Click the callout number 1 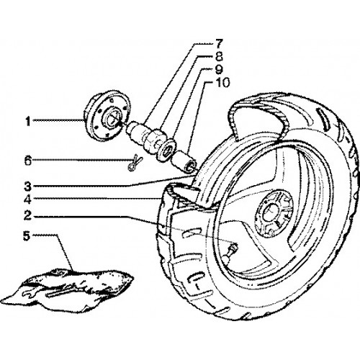pos(28,122)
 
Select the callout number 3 pos(27,186)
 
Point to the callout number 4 pos(27,199)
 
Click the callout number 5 pos(27,236)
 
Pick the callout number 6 pos(28,161)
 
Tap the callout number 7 pos(218,44)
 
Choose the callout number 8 pos(218,57)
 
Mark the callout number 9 pos(218,70)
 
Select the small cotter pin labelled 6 pos(135,162)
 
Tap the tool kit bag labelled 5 pos(70,289)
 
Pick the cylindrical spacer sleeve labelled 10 pos(184,161)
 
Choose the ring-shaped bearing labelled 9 pos(165,149)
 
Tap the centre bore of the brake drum pos(112,119)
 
